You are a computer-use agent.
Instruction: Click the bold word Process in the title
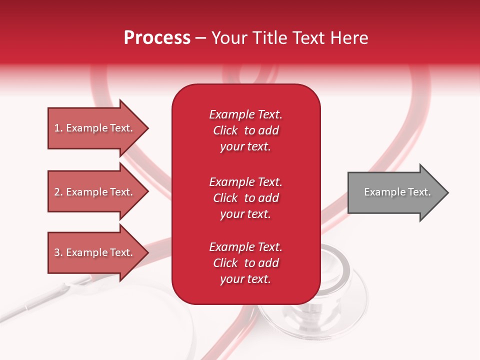point(157,38)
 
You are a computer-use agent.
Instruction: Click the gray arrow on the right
point(395,192)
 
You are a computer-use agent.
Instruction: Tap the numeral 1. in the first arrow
point(58,128)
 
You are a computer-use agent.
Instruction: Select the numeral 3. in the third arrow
point(58,253)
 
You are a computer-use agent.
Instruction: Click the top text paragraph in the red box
point(245,130)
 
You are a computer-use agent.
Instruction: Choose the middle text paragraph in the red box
point(245,198)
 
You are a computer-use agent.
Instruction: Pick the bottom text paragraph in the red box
point(245,263)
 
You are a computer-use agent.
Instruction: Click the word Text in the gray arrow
point(419,192)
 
